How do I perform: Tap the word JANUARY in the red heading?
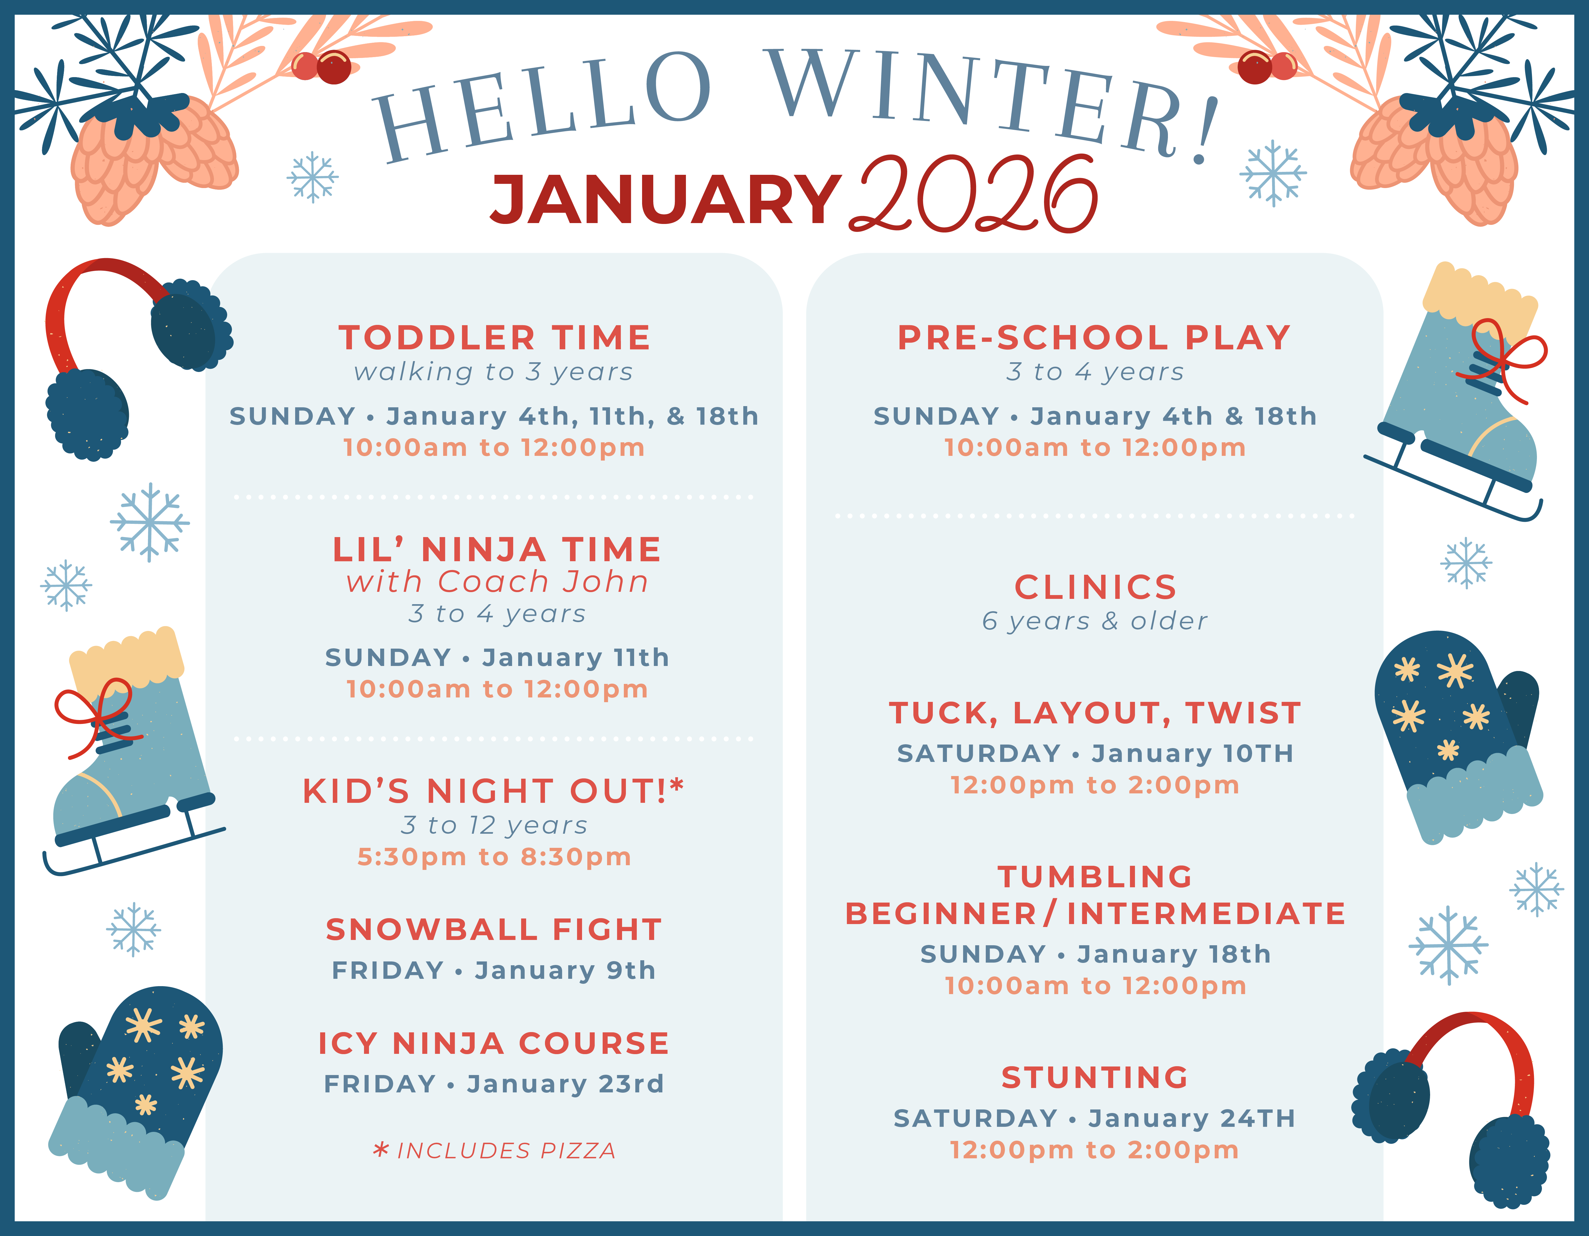[666, 200]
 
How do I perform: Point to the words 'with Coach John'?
[497, 582]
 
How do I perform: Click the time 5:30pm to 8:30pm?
[494, 857]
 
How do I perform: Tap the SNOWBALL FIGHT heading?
[494, 930]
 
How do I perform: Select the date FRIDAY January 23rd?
[494, 1084]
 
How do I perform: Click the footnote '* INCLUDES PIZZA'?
[494, 1151]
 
